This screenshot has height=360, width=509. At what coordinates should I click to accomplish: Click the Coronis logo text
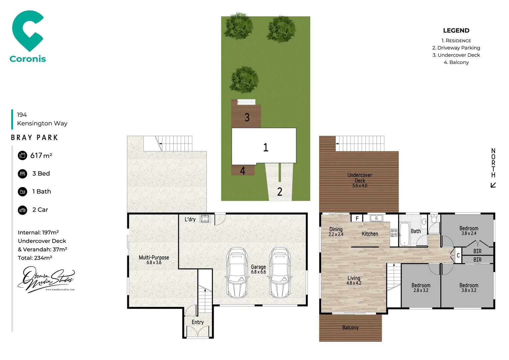click(x=28, y=59)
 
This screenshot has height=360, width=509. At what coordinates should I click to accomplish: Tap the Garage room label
click(x=258, y=269)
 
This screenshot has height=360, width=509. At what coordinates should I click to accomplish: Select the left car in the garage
click(x=237, y=272)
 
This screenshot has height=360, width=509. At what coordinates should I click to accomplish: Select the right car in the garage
click(x=280, y=272)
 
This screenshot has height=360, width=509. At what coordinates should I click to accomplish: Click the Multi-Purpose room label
click(x=154, y=260)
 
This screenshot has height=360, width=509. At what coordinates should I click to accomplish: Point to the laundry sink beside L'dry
click(x=205, y=219)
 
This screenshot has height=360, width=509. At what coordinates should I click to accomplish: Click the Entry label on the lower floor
click(x=198, y=322)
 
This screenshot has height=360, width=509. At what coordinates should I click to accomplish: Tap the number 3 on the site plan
click(x=247, y=117)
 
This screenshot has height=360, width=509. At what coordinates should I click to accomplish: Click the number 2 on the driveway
click(x=279, y=192)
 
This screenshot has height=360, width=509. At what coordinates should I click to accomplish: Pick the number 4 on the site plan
click(x=243, y=171)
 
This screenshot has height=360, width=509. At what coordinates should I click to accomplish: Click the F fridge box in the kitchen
click(x=357, y=218)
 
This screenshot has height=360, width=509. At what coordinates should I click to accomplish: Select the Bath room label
click(x=416, y=231)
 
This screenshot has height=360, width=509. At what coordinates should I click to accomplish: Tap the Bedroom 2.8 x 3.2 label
click(x=421, y=288)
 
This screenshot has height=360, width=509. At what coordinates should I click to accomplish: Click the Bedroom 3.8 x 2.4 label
click(x=469, y=231)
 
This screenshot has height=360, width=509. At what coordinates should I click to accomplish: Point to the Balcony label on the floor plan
click(x=350, y=328)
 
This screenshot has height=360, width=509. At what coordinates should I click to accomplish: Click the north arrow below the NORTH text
click(x=493, y=185)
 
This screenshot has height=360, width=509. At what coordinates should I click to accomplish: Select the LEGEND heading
click(x=456, y=31)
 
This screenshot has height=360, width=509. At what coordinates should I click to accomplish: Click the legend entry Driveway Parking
click(x=456, y=48)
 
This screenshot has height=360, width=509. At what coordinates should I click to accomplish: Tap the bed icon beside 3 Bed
click(x=22, y=174)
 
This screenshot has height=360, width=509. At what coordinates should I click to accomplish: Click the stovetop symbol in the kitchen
click(x=394, y=233)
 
